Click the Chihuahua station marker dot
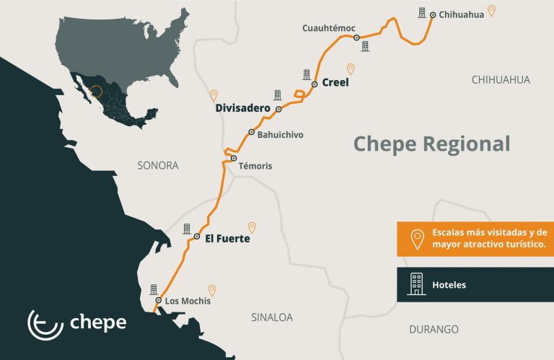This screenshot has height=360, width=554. [x=432, y=14]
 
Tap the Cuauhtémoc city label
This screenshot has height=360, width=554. [x=328, y=27]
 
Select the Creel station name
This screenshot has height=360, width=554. [x=335, y=83]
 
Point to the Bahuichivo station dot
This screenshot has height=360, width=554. [x=251, y=132]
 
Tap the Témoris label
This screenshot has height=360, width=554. [x=255, y=166]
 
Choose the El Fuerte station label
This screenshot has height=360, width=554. [x=227, y=238]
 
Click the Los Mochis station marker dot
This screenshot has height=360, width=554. [x=159, y=300]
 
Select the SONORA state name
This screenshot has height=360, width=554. [x=157, y=165]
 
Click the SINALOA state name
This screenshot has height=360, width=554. [x=272, y=317]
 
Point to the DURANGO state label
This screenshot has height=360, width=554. [x=434, y=329]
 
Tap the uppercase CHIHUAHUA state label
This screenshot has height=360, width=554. [x=501, y=79]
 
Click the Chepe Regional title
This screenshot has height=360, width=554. [x=431, y=144]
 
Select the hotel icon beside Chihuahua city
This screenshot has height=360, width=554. [x=421, y=12]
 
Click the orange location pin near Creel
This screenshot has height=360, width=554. [x=351, y=69]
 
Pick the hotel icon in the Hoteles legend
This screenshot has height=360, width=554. [x=416, y=284]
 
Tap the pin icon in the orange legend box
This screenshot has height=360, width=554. [x=416, y=239]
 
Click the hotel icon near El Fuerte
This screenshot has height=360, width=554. [x=187, y=228]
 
